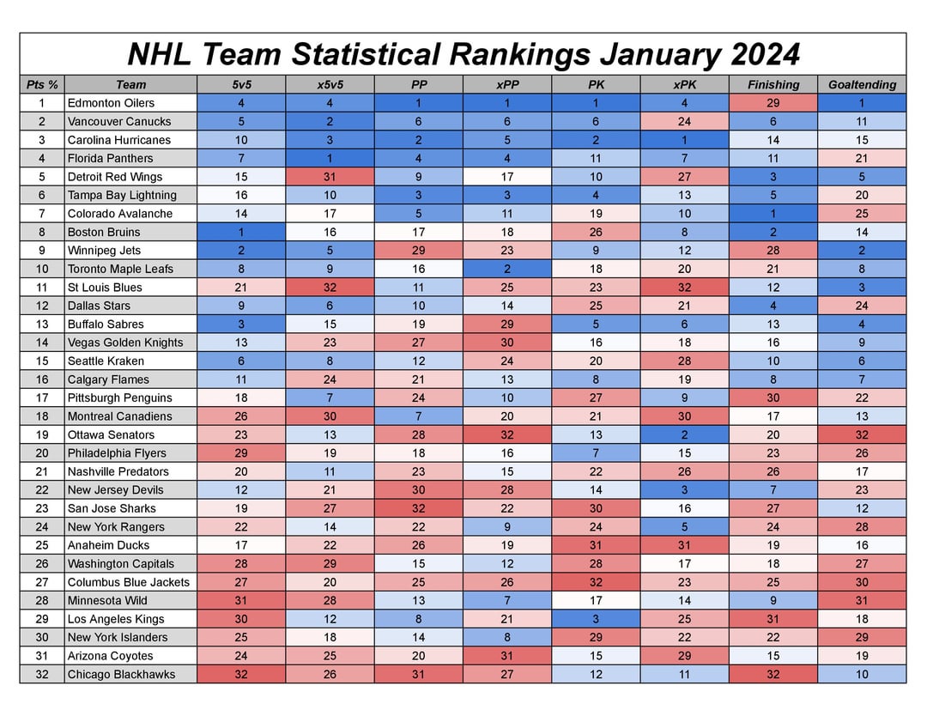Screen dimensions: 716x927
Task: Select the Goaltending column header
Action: coord(862,84)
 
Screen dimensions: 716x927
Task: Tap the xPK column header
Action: coord(684,84)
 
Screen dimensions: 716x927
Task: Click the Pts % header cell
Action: coord(42,84)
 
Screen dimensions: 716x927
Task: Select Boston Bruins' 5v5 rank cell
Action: coord(241,232)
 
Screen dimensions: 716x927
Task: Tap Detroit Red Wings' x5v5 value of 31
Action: coord(330,177)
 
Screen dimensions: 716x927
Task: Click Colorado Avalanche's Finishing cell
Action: coord(772,214)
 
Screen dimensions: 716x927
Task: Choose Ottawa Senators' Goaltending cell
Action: coord(862,434)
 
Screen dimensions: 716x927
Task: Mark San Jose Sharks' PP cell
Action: coord(418,508)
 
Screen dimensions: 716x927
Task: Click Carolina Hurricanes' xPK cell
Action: coord(684,140)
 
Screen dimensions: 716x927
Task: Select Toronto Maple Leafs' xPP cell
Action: coord(506,269)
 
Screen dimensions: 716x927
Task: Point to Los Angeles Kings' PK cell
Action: coord(596,619)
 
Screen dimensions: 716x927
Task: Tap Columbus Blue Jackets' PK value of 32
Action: coord(596,582)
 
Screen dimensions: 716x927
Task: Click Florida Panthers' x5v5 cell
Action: coord(330,158)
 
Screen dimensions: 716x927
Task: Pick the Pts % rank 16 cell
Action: coord(42,379)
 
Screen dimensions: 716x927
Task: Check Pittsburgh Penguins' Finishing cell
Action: coord(772,397)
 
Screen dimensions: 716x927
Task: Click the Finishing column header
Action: coord(772,84)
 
